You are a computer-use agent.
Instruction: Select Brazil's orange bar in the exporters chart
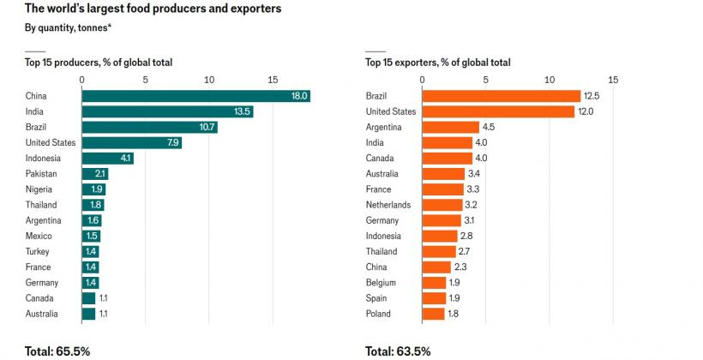[x=501, y=96]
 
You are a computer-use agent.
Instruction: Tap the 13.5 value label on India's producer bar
[x=241, y=111]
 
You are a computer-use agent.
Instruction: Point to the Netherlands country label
[x=388, y=205]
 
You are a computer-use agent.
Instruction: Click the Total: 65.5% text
[x=57, y=351]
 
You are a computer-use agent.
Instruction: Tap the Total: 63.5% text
[x=398, y=351]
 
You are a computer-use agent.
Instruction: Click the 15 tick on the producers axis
[x=273, y=80]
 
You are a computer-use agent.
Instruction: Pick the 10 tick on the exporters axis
[x=550, y=80]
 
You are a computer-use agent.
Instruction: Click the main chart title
[x=153, y=9]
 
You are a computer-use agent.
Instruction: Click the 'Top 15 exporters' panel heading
[x=437, y=62]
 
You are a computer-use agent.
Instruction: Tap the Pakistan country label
[x=41, y=174]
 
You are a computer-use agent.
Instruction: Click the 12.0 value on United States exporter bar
[x=562, y=111]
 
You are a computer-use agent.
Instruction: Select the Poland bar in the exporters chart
[x=433, y=314]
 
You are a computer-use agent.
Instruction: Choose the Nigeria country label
[x=39, y=189]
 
